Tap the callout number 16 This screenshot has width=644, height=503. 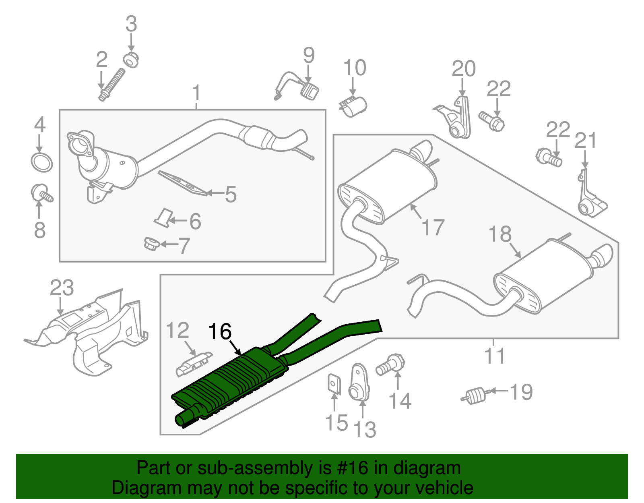(220, 332)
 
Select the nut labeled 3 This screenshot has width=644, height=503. (131, 60)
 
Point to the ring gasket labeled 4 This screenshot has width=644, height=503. (42, 162)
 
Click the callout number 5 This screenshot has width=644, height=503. (231, 195)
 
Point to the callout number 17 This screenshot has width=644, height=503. (433, 228)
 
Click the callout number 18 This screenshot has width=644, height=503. (500, 234)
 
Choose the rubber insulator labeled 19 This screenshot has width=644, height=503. (475, 395)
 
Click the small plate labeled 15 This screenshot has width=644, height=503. (333, 383)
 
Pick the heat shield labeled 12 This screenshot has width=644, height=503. (194, 364)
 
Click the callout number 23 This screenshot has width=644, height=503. (62, 288)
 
